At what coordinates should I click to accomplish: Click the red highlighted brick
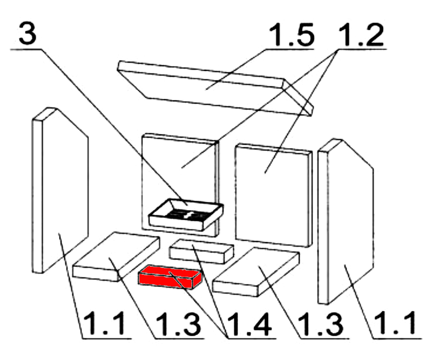coord(170,277)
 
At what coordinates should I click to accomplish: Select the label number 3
coord(28,34)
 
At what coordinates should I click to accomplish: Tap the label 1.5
coord(291,35)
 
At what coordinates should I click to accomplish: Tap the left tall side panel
coord(60,190)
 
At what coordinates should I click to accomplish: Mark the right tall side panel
coord(346,221)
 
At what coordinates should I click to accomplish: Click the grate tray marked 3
coord(186,214)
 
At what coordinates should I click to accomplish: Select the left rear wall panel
coord(180,185)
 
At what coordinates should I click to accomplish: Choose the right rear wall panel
coord(274,195)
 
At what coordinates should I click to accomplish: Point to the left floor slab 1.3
coord(116,256)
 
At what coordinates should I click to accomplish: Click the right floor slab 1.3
coord(256,272)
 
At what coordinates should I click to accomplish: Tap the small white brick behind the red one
coord(201,252)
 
